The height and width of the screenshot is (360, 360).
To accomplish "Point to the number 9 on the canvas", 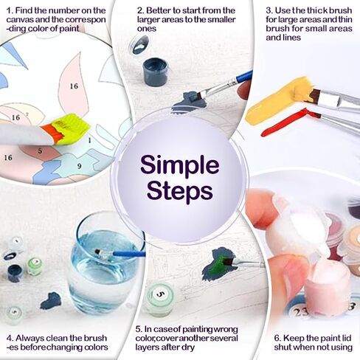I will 77,167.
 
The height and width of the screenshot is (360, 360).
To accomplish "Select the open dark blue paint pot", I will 155,71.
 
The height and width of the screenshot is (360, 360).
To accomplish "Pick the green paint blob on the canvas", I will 218,263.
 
